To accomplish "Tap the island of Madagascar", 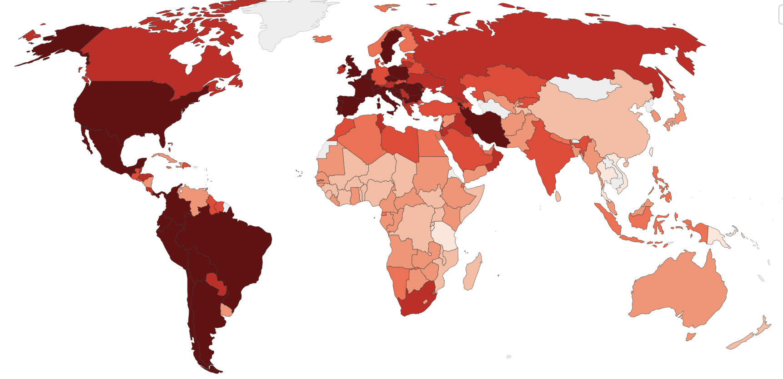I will tap(473, 273).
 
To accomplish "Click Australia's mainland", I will tap(678, 291).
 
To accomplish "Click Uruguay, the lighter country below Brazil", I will tap(226, 310).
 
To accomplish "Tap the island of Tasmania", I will tap(691, 337).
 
